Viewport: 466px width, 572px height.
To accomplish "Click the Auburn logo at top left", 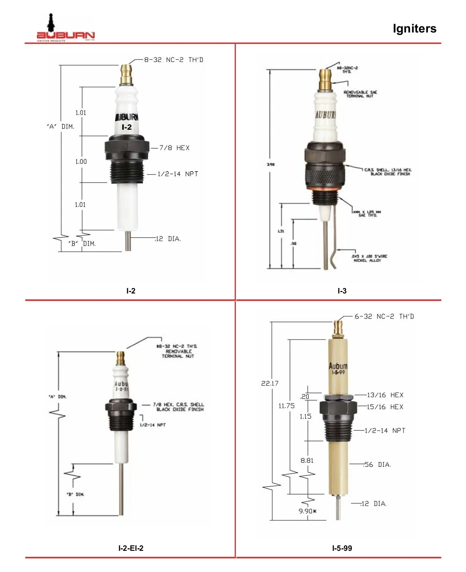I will point(65,29).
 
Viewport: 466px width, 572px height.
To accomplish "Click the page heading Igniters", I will point(414,28).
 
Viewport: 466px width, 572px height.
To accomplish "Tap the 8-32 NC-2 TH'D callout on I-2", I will point(174,60).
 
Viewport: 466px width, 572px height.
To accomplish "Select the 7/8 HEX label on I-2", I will point(174,148).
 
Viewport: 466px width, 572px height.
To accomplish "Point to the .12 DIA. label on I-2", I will point(168,239).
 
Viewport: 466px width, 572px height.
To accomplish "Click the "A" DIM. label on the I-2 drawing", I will point(60,127).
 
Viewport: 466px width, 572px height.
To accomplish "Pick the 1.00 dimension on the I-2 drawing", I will point(81,162).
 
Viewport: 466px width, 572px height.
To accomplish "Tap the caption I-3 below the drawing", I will point(342,291).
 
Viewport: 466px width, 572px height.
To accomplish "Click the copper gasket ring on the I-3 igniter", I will point(325,189).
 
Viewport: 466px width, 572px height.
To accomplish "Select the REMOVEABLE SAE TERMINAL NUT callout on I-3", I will point(360,94).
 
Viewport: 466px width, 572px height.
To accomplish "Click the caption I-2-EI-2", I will point(131,548).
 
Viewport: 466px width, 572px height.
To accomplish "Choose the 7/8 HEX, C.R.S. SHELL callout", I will point(179,407).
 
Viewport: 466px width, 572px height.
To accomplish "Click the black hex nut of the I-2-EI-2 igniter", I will point(121,407).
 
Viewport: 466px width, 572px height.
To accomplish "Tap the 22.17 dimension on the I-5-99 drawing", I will point(270,383).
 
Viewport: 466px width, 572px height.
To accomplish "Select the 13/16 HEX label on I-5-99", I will point(385,395).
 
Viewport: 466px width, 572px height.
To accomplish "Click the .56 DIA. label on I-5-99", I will point(378,465).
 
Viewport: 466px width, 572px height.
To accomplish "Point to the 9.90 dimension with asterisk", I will point(307,511).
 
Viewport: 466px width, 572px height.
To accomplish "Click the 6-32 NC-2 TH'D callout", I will point(384,316).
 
